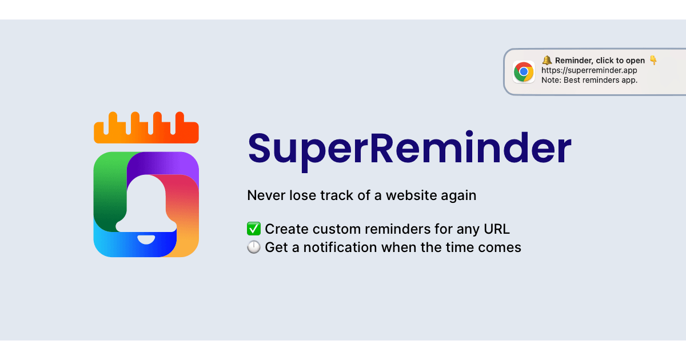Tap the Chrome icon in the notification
point(524,72)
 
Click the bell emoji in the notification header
point(547,61)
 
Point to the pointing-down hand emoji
point(653,61)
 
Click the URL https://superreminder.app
point(589,70)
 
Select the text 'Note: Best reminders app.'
point(589,80)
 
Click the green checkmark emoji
point(254,229)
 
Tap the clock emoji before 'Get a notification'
point(254,247)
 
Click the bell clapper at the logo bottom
point(146,238)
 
